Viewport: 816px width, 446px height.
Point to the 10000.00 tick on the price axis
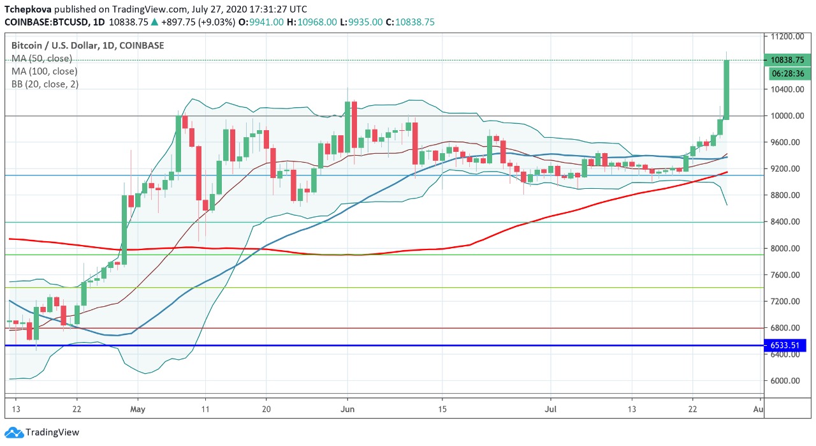[x=785, y=115]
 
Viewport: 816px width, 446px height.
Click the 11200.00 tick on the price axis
[x=785, y=36]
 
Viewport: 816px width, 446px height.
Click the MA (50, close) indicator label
[x=41, y=59]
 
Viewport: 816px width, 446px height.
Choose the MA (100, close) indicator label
[x=44, y=71]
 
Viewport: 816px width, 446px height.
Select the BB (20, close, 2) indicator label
[x=45, y=84]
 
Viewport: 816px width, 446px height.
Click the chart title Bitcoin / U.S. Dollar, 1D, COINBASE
[x=87, y=45]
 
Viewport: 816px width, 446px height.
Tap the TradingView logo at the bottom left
[x=43, y=432]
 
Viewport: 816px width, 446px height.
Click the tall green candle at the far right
[x=726, y=89]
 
